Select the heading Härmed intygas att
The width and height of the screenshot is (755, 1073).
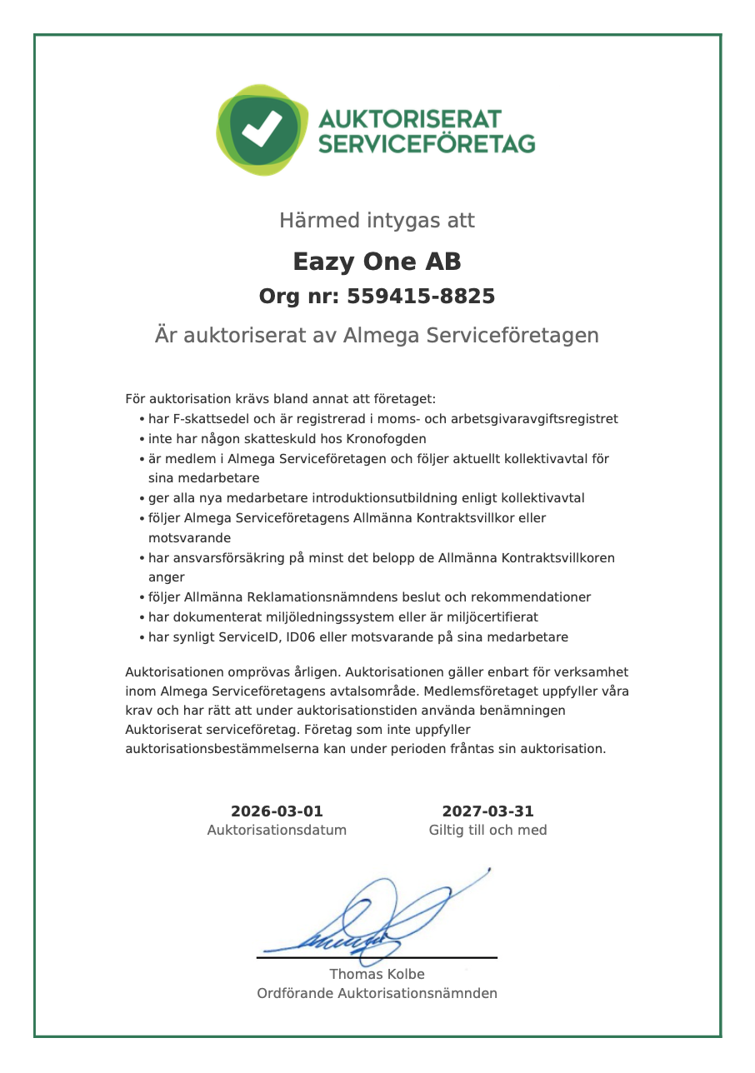click(x=377, y=221)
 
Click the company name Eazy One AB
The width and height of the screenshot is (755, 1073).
click(x=377, y=262)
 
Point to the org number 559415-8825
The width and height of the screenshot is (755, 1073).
click(x=420, y=297)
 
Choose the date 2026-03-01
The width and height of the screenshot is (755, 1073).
click(x=277, y=811)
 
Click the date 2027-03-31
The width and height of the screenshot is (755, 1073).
click(x=487, y=811)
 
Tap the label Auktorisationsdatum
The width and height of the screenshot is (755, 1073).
click(x=277, y=831)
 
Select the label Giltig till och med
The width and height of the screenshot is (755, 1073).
click(x=487, y=831)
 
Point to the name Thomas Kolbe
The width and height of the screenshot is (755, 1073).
click(x=377, y=974)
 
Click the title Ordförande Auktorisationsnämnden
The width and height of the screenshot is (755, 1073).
click(x=377, y=993)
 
